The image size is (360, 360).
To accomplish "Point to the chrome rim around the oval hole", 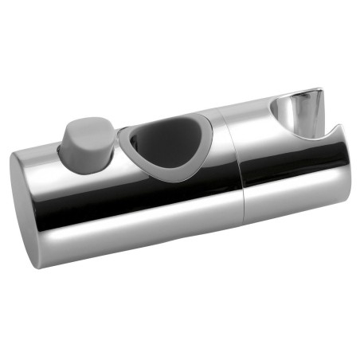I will pyautogui.click(x=126, y=144).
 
